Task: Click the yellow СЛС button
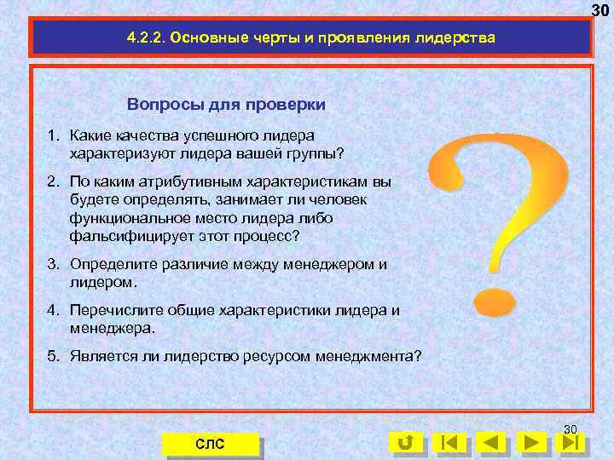tap(210, 444)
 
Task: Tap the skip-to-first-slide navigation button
tap(449, 442)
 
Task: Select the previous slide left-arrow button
tap(491, 442)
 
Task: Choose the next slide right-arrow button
tap(532, 442)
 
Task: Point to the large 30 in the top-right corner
tap(601, 9)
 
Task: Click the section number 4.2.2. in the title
tap(145, 39)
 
